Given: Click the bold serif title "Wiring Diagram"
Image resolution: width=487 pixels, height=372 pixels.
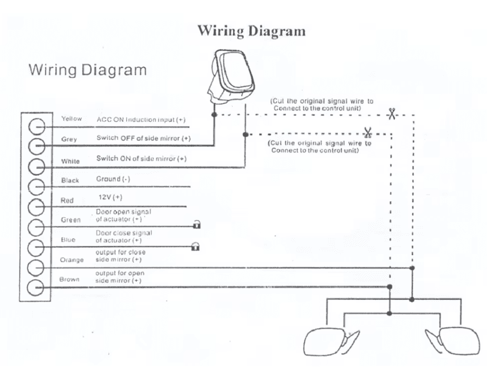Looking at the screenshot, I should [x=252, y=30].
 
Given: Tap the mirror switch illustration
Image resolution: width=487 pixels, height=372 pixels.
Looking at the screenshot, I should [x=231, y=77].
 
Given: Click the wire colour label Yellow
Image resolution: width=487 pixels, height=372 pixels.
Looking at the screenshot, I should [x=71, y=119].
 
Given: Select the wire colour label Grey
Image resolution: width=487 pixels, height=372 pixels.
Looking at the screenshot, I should [x=70, y=139].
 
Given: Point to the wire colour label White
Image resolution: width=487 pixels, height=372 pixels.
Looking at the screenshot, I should [x=70, y=161].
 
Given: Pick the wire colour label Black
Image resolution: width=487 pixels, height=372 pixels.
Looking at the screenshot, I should [x=70, y=180].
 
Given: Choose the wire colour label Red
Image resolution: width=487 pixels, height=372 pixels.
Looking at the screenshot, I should [x=67, y=201].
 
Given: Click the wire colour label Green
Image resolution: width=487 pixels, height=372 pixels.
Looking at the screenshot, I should [x=71, y=220].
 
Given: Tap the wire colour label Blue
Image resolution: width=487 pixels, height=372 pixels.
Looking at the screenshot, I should [x=68, y=240].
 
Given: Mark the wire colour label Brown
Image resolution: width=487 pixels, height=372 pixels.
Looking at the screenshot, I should [x=70, y=279].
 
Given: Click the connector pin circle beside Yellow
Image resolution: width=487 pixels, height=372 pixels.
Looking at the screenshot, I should [x=37, y=127].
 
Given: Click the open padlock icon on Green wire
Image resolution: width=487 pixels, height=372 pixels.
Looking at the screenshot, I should [x=196, y=225].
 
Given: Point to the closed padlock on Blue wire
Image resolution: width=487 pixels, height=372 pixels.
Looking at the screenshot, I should [x=194, y=246].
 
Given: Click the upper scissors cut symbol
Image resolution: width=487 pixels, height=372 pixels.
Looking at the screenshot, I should [x=391, y=113].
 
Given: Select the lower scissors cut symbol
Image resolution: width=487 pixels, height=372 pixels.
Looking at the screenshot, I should [x=367, y=133].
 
